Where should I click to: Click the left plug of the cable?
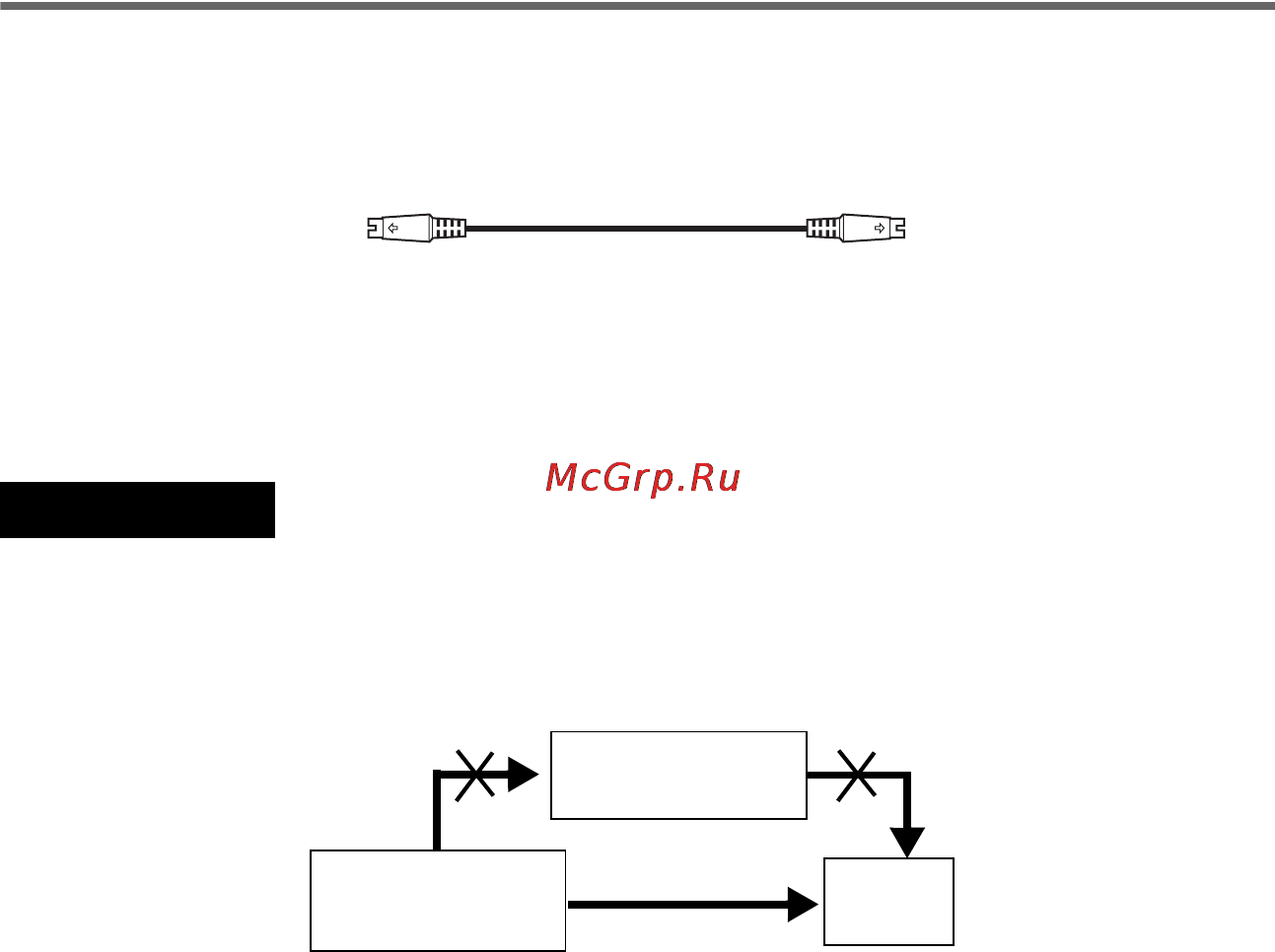click(x=399, y=229)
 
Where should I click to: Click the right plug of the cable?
click(x=872, y=229)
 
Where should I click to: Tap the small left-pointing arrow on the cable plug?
click(x=392, y=229)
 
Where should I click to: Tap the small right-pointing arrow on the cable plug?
click(x=880, y=229)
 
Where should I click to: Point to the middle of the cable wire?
click(x=636, y=229)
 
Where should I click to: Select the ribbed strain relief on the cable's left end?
click(x=449, y=229)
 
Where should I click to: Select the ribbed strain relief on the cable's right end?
click(x=823, y=229)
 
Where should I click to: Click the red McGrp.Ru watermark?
click(x=642, y=478)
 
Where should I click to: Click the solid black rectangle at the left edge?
click(x=137, y=510)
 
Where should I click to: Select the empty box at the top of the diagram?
click(x=678, y=776)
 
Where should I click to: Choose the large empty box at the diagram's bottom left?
click(x=438, y=901)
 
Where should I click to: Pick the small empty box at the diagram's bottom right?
click(x=888, y=902)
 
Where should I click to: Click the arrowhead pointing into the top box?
click(x=524, y=775)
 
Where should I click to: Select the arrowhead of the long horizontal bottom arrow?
click(x=804, y=903)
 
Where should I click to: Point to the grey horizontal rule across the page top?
click(x=637, y=5)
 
